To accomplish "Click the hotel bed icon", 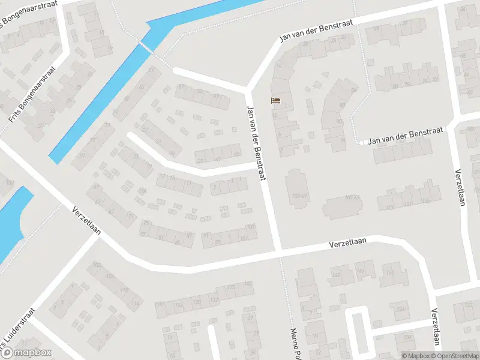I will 275,100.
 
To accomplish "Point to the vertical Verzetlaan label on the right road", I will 460,187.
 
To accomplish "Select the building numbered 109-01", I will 343,206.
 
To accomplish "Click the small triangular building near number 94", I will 325,74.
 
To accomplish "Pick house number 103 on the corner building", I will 250,226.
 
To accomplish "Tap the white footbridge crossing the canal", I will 146,46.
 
